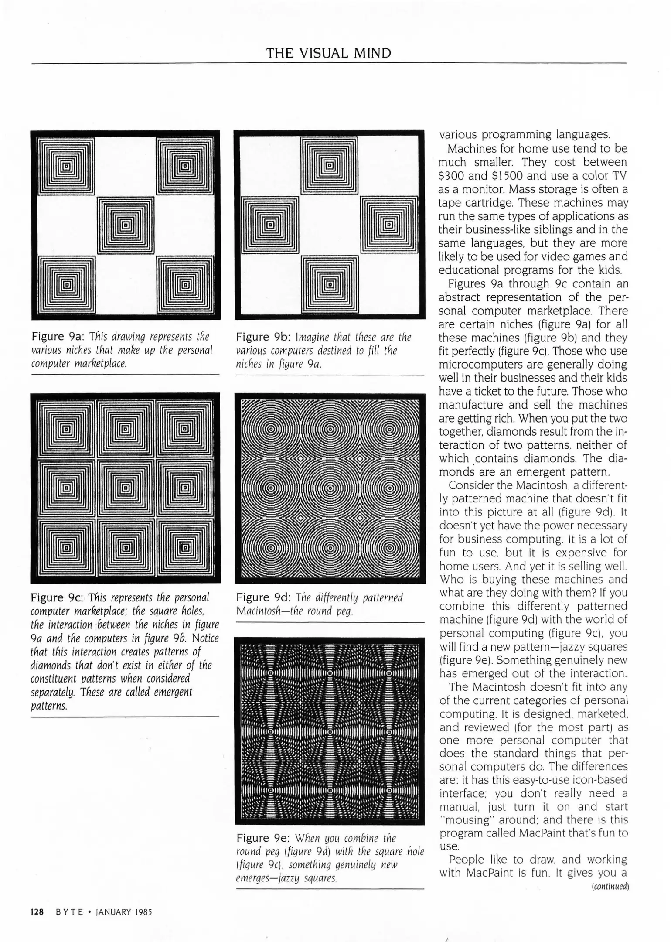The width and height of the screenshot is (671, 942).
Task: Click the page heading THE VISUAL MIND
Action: tap(328, 53)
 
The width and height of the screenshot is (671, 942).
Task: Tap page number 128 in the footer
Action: tap(37, 912)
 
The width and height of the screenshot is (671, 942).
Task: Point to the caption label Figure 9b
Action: tap(263, 337)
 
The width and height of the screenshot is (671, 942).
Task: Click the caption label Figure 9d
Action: tap(263, 597)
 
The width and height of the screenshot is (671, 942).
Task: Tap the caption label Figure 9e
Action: tap(263, 838)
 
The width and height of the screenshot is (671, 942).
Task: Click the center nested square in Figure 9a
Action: tap(126, 225)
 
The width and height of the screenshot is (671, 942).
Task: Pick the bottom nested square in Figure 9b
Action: tap(329, 285)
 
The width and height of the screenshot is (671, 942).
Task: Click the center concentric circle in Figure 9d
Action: tap(330, 489)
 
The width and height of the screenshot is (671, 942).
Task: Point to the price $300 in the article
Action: tap(451, 176)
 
